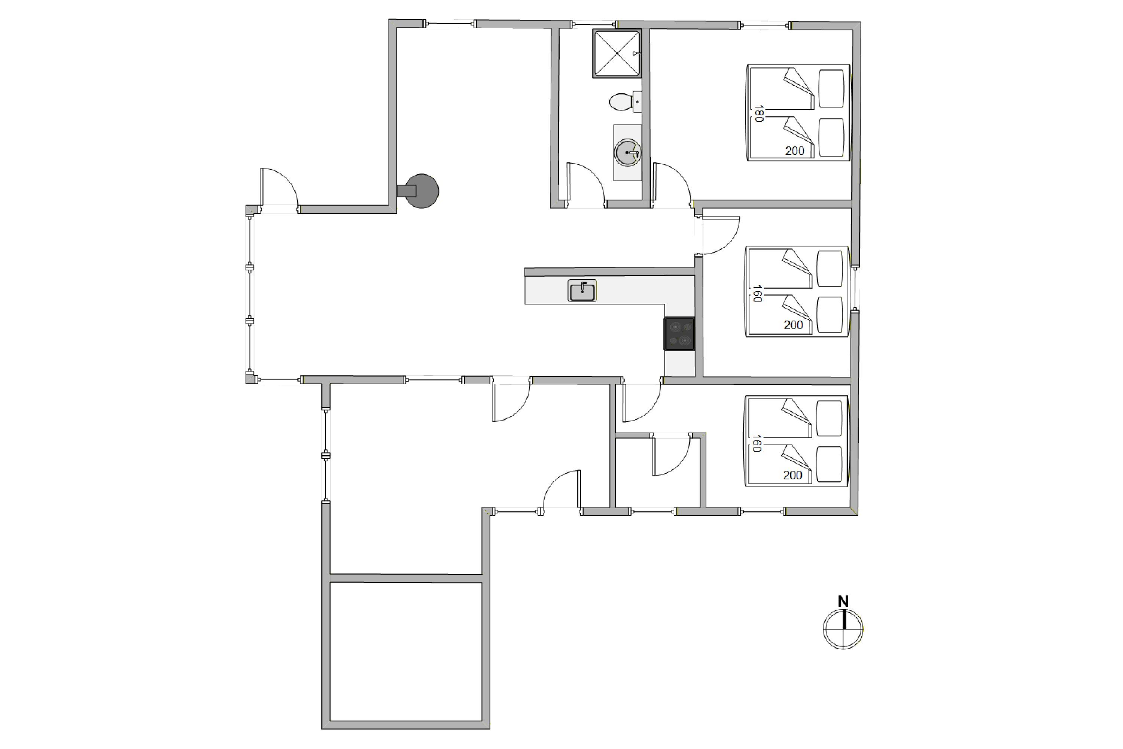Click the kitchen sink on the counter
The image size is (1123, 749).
click(582, 291)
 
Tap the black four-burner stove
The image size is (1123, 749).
click(679, 333)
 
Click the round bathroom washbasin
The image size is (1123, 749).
click(627, 153)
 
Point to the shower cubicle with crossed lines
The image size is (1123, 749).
click(617, 53)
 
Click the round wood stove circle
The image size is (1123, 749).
click(423, 191)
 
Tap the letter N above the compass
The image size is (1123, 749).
click(843, 601)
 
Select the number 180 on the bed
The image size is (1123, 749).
click(758, 113)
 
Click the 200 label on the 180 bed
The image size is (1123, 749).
click(794, 151)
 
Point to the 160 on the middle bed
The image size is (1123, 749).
click(757, 294)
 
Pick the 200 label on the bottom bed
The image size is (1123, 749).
click(792, 475)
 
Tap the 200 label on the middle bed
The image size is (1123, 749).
click(793, 325)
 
